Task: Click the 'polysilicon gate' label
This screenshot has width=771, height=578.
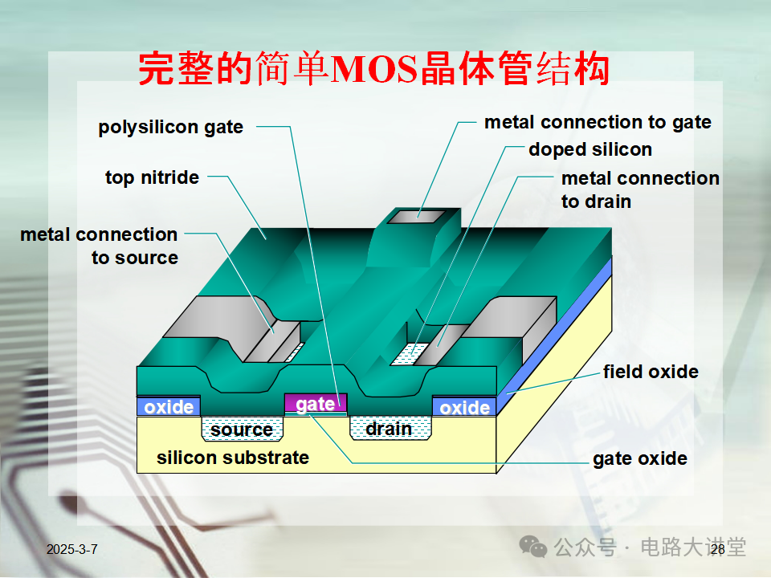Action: coord(170,127)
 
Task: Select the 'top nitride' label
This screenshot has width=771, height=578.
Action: coord(152,177)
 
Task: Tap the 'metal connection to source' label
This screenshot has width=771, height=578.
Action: coord(99,246)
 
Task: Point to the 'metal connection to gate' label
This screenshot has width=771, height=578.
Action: coord(598,122)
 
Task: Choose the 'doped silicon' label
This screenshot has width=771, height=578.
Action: coord(589,149)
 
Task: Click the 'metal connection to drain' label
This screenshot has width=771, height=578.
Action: coord(640,189)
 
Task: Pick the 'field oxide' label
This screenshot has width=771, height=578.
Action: coord(651,372)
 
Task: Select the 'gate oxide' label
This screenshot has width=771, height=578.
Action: coord(639,458)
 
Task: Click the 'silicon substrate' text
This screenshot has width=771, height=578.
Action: coord(233,458)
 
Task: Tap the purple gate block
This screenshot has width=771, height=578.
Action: coord(316,404)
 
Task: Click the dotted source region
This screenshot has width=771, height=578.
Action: coord(241,429)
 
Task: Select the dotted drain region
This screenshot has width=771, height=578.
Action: coord(389,429)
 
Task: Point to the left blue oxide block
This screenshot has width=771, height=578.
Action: coord(169,407)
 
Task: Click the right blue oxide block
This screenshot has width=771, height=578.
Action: coord(464,408)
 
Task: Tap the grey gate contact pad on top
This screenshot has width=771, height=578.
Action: coord(416,216)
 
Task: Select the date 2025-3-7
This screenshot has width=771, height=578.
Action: coord(72,549)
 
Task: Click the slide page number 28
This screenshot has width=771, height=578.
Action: coord(717,549)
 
